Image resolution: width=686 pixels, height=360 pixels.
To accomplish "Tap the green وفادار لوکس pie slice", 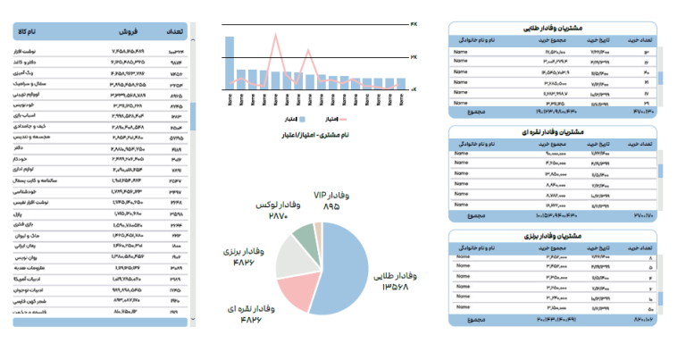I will click(x=305, y=234).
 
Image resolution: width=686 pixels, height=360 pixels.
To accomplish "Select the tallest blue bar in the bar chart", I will click(x=230, y=63).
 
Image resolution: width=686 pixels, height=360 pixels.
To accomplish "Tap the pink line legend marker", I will click(x=343, y=118).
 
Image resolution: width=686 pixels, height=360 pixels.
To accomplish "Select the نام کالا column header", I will click(x=33, y=33).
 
